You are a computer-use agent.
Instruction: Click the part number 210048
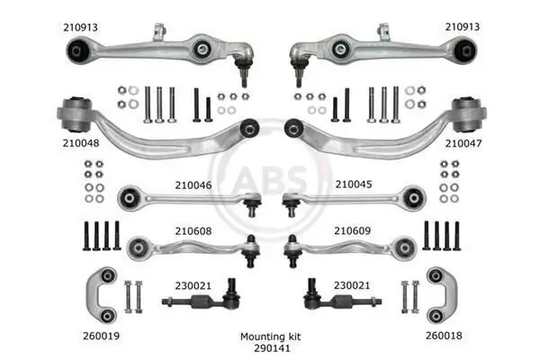coord(81,143)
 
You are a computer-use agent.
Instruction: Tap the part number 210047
coord(463,143)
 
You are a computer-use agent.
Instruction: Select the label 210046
coord(193,185)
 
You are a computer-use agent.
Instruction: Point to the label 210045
coord(354,184)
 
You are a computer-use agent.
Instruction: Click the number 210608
coord(193,230)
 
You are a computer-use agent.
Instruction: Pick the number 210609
coord(352,230)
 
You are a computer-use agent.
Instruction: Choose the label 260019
coord(101,336)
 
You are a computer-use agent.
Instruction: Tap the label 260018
coord(444,336)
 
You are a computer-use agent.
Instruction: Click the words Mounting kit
coord(270,337)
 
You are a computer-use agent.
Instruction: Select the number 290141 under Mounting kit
coord(272,348)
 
